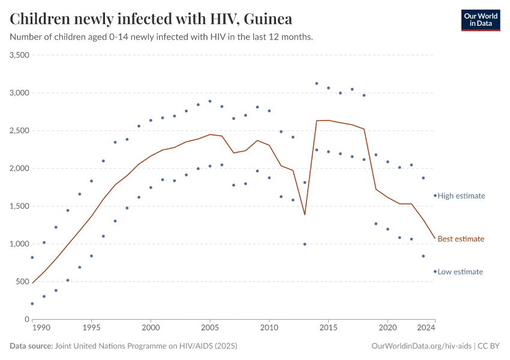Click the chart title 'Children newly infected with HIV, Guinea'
click(151, 19)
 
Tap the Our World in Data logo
click(480, 20)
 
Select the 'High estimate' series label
click(461, 196)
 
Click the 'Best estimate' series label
click(460, 239)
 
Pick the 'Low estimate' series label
click(460, 272)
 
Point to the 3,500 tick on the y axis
click(20, 55)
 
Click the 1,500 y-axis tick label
click(20, 206)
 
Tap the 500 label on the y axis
click(23, 282)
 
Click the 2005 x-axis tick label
click(210, 328)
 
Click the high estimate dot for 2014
click(316, 83)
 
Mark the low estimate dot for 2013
click(305, 244)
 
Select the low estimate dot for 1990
click(32, 304)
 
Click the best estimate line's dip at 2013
click(305, 214)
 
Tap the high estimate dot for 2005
click(210, 101)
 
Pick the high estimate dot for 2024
click(435, 196)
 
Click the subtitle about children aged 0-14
click(161, 37)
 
